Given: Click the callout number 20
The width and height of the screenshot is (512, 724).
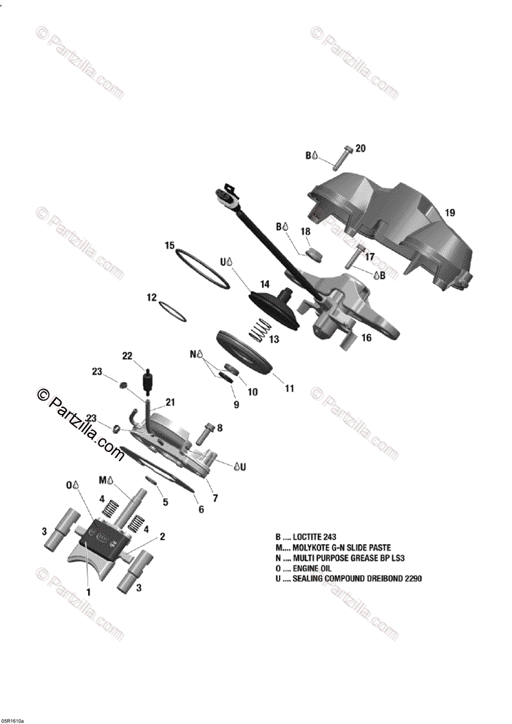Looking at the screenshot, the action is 360,148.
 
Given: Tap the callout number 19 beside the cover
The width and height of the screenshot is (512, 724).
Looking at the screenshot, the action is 450,212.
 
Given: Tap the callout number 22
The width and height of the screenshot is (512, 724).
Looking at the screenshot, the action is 127,356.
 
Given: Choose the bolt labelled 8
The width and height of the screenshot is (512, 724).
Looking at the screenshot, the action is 206,432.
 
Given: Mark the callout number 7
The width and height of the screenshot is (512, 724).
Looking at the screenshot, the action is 215,498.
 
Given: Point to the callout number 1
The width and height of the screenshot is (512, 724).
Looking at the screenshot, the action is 88,592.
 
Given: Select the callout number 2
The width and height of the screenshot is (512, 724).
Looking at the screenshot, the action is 162,536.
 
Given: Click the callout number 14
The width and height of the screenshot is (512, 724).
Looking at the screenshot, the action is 264,284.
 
